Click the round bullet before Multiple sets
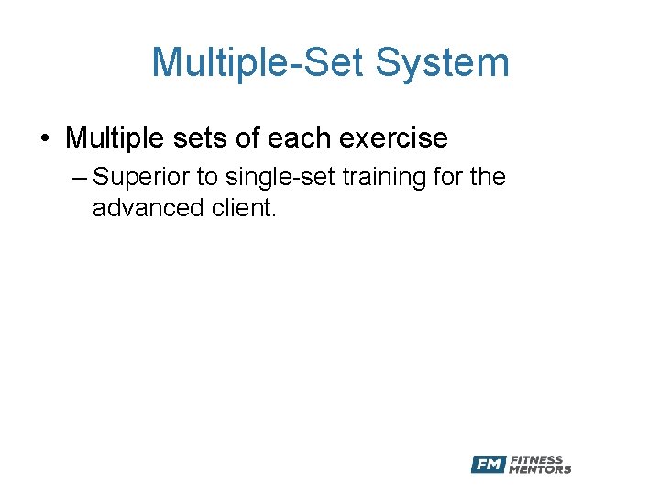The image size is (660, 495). point(43,139)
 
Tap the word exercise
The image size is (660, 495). point(394,138)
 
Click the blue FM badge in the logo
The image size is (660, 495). point(488,465)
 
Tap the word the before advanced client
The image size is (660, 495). point(486,177)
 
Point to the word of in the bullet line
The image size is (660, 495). point(243,138)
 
